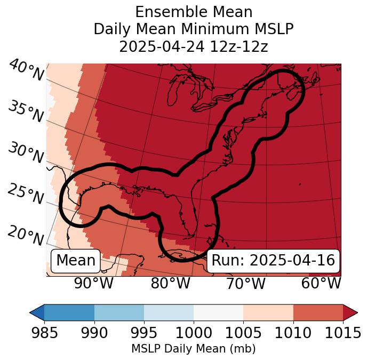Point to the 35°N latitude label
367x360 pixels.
click(x=26, y=112)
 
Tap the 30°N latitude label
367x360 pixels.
click(x=26, y=153)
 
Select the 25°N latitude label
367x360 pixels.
click(x=26, y=194)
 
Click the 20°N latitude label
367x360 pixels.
click(x=26, y=236)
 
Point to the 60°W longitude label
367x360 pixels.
click(x=321, y=283)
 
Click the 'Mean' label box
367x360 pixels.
click(x=76, y=261)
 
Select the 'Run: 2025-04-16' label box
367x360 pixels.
click(x=273, y=261)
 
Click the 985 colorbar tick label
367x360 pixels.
click(x=44, y=333)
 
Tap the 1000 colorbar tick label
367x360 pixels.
click(x=194, y=333)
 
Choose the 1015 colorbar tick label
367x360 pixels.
click(x=342, y=333)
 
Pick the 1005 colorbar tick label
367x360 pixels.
click(x=243, y=333)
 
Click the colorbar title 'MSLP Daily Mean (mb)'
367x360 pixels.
click(x=194, y=349)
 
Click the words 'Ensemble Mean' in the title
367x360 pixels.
click(x=194, y=12)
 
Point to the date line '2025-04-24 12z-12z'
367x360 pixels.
click(x=194, y=46)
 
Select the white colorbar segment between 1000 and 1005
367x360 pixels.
click(x=218, y=312)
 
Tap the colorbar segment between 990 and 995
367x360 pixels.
click(x=119, y=312)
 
